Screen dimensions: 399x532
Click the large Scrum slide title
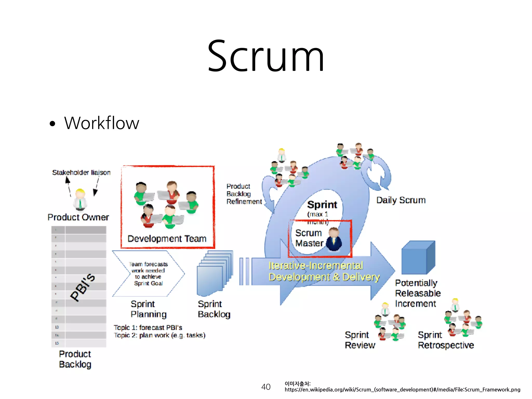pos(266,56)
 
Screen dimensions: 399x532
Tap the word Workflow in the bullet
pos(102,123)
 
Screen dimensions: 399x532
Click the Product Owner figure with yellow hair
pos(80,199)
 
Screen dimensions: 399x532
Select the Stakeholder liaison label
pos(81,172)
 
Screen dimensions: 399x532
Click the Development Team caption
pos(167,238)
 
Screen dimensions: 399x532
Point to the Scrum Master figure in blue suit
pos(334,240)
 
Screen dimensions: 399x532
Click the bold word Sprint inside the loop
pos(322,205)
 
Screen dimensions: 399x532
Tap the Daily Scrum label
pos(401,200)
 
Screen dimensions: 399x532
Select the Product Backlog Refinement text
pos(244,194)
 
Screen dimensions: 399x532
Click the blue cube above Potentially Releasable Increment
pos(418,258)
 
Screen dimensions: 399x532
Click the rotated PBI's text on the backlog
pos(83,287)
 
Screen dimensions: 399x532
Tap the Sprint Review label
pos(360,340)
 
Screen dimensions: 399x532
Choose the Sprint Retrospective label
pos(446,340)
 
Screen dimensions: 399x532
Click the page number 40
pos(266,387)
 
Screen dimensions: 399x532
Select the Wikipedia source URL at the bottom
pos(402,389)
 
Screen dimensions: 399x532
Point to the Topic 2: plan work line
pos(159,335)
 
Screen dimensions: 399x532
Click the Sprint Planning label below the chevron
pos(148,309)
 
